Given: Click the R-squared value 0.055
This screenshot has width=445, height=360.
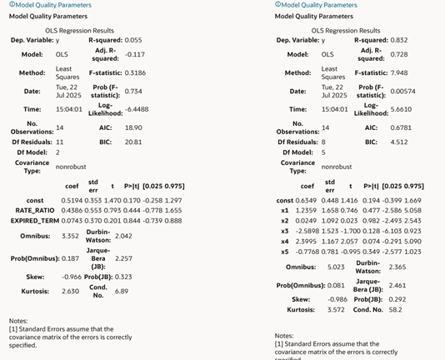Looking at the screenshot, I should point(134,40).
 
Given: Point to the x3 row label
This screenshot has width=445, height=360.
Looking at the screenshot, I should point(284,230).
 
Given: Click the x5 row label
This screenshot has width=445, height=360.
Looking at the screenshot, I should point(284,251).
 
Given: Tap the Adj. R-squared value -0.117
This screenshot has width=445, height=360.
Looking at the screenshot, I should point(137,55).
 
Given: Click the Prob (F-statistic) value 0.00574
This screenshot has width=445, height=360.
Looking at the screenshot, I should point(406,91).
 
